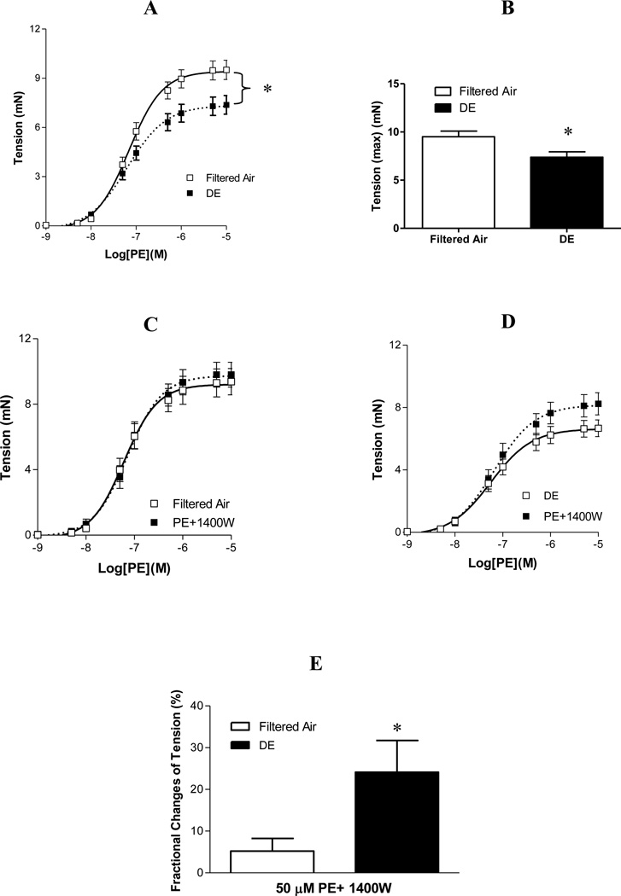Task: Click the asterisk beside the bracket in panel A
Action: [267, 90]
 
